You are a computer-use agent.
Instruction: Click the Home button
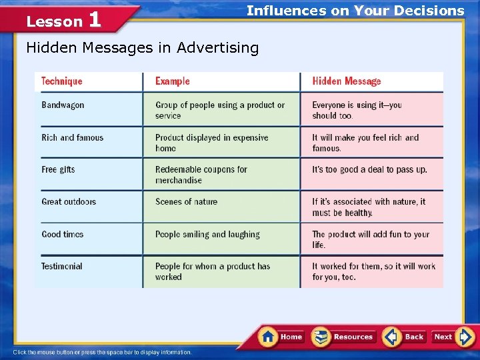click(282, 337)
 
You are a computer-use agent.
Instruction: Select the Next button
click(451, 337)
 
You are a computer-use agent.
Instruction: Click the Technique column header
click(62, 81)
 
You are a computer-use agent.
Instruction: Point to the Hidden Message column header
click(347, 81)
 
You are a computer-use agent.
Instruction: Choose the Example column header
click(173, 81)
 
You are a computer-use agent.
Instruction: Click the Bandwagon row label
click(63, 105)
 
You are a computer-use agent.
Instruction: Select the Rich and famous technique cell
click(73, 138)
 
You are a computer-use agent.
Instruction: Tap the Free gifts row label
click(59, 170)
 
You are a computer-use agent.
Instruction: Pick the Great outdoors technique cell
click(69, 202)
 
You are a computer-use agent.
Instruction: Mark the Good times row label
click(63, 235)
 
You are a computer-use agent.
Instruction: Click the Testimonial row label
click(62, 267)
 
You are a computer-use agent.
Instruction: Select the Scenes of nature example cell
click(187, 202)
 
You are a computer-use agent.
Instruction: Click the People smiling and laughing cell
click(207, 235)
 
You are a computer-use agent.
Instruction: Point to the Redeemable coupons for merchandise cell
click(201, 175)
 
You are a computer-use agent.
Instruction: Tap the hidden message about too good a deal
click(369, 170)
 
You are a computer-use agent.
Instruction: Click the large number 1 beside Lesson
click(95, 19)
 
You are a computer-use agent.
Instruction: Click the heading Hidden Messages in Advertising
click(142, 47)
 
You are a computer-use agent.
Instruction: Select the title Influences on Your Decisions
click(355, 11)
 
